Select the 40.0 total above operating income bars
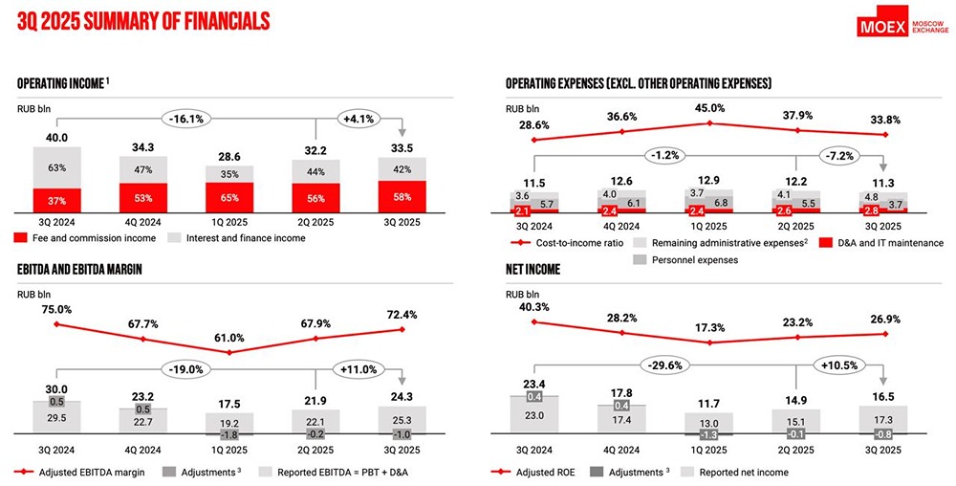tap(57, 137)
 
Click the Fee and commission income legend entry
tap(78, 237)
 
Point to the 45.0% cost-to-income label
tap(710, 108)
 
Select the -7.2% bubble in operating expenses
tap(842, 154)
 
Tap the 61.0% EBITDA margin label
tap(228, 338)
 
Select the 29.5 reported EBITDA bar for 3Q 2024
tap(57, 417)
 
